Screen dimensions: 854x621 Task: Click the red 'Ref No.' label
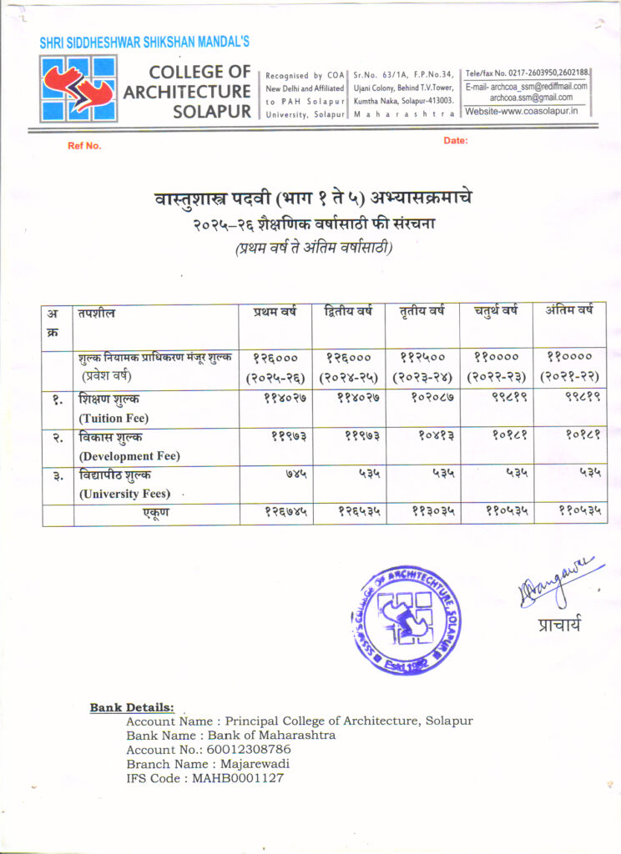pyautogui.click(x=84, y=146)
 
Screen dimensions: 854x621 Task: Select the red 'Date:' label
pyautogui.click(x=456, y=141)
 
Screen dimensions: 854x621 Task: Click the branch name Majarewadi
pyautogui.click(x=255, y=764)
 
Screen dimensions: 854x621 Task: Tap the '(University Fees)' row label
pyautogui.click(x=122, y=494)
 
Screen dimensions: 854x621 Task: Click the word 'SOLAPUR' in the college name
pyautogui.click(x=212, y=111)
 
